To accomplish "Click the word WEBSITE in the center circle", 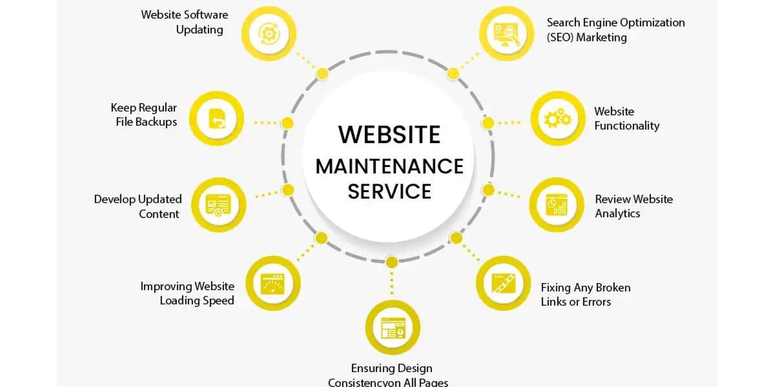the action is point(389,134).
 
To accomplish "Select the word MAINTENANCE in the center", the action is point(389,166).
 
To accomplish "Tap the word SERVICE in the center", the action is point(389,192).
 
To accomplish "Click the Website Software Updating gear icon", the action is point(269,34).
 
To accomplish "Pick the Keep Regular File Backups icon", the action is point(217,119).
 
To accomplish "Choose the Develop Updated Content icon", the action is point(218,205).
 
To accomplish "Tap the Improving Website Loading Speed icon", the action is point(273,284).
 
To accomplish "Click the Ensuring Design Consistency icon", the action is point(393,328).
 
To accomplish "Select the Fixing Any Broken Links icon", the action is point(503,283).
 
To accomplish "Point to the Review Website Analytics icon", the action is point(557,205).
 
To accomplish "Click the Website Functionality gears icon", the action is point(558,118).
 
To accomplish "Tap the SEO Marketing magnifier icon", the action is point(507,34).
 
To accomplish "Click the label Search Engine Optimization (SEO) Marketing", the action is point(615,30).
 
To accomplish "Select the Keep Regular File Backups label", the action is point(144,115).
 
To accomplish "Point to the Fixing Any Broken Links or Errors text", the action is point(585,295).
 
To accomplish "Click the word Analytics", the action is point(617,213).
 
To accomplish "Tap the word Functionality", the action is point(627,126).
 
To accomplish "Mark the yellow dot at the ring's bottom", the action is point(391,263).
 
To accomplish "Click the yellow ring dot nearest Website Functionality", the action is point(488,123).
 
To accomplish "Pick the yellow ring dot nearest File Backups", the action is point(287,123).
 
